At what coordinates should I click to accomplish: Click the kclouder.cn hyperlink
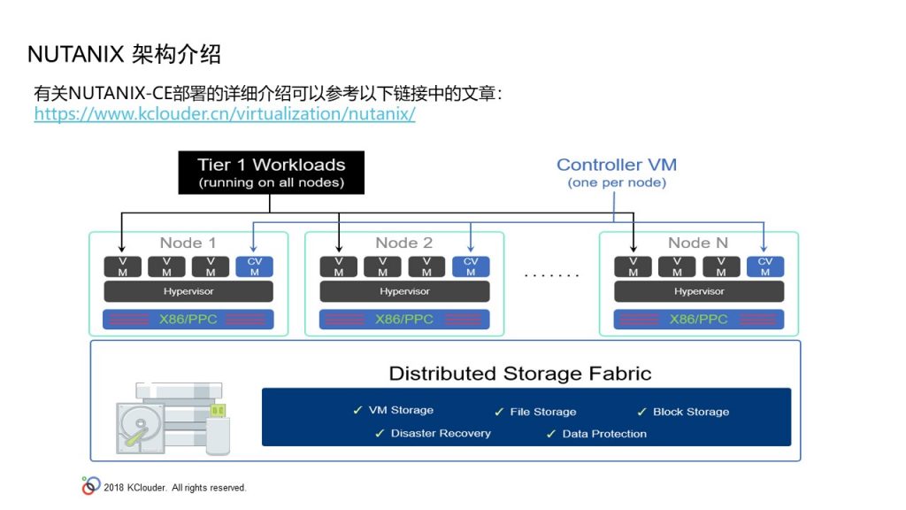(x=225, y=113)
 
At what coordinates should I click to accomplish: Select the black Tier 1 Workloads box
(x=271, y=173)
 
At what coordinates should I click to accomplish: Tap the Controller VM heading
(x=617, y=165)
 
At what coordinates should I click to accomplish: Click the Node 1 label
(x=188, y=243)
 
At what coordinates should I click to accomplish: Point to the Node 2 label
(x=403, y=243)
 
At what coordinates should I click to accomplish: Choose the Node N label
(x=698, y=243)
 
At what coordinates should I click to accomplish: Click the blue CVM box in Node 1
(x=254, y=267)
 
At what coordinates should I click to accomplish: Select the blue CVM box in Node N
(x=765, y=267)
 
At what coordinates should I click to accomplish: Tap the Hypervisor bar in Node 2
(x=404, y=291)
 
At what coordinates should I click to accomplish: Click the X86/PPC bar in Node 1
(x=188, y=319)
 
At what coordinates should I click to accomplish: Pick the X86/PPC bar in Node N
(x=699, y=319)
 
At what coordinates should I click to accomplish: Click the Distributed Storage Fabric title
(x=520, y=374)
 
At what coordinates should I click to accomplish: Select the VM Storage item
(x=393, y=410)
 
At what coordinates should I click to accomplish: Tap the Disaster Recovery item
(x=433, y=433)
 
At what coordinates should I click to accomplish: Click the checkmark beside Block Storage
(x=642, y=412)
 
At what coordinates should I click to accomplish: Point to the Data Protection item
(x=596, y=434)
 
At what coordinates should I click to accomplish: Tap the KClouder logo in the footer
(x=91, y=486)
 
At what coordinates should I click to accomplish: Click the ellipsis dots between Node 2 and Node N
(x=551, y=275)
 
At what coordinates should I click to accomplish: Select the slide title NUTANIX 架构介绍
(x=124, y=54)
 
